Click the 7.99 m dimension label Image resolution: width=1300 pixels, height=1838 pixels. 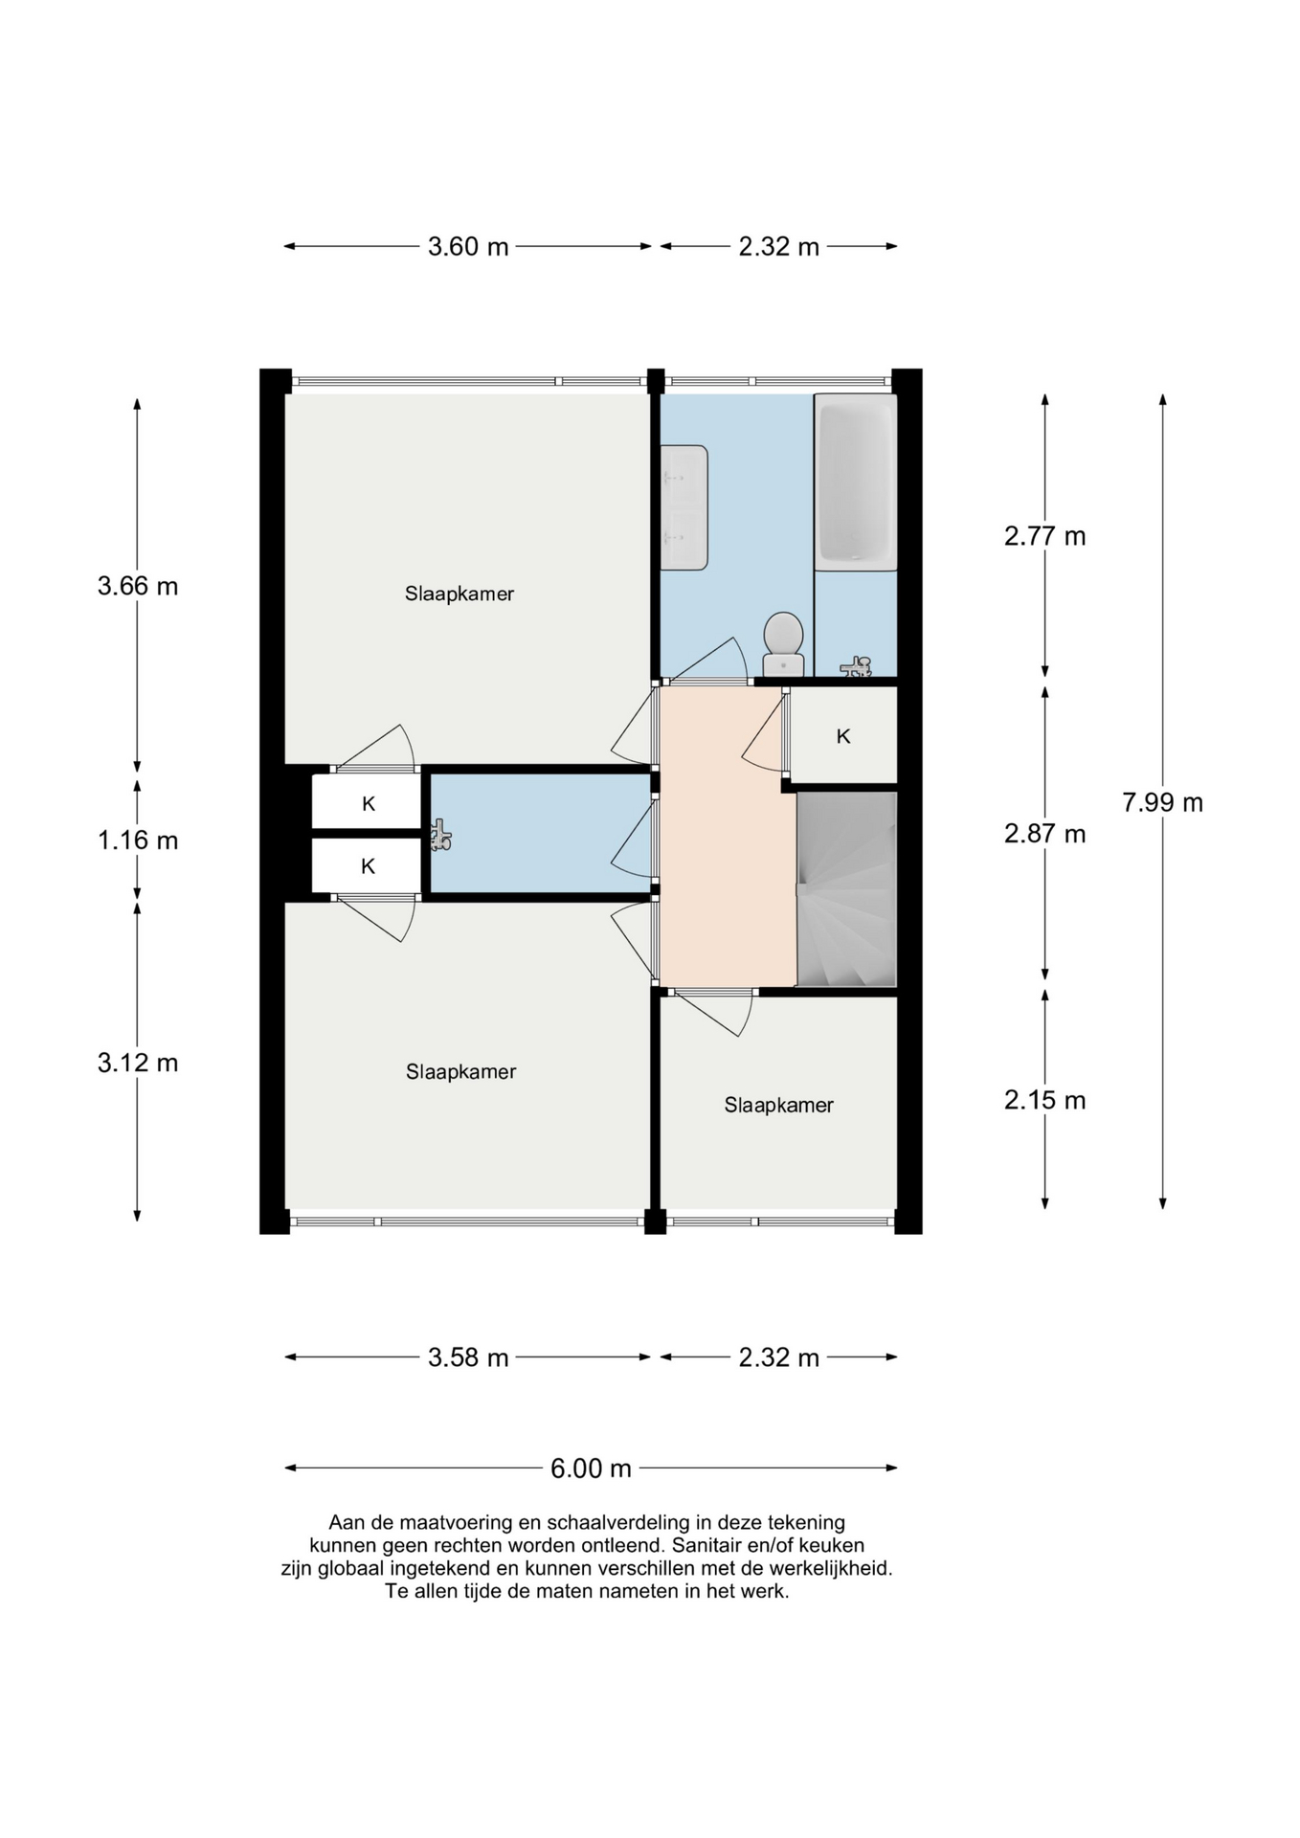[1162, 802]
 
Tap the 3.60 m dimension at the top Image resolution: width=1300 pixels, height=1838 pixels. [468, 247]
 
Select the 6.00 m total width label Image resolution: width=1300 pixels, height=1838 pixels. [591, 1468]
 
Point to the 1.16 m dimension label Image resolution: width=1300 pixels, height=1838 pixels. [138, 841]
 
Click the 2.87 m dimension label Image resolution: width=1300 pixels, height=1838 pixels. [1044, 834]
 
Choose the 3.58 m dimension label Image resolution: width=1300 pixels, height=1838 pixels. [468, 1357]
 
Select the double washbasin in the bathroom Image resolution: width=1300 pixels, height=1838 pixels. [684, 507]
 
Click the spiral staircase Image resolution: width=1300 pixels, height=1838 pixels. [846, 888]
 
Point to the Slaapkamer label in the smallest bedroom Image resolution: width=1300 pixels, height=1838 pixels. [778, 1106]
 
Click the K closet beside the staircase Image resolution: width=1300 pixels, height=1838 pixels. [843, 736]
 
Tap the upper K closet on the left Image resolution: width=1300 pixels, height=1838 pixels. [368, 804]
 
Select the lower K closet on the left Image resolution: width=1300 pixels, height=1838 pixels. [368, 866]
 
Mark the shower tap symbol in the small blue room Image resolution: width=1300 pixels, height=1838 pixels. [440, 836]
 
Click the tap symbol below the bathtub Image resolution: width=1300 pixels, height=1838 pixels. [857, 666]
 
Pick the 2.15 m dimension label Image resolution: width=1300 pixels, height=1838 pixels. [1044, 1100]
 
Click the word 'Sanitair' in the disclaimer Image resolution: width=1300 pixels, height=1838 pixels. [709, 1545]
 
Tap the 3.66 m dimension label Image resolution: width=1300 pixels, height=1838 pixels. [138, 586]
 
